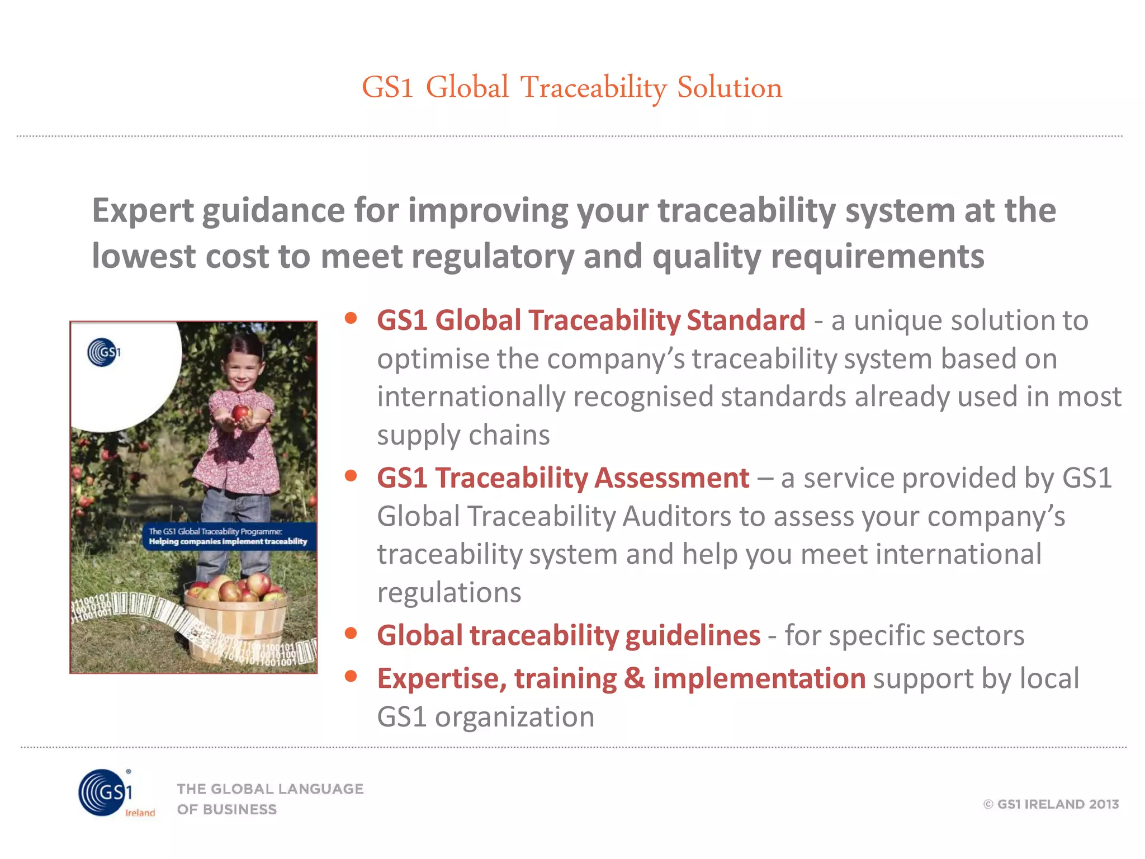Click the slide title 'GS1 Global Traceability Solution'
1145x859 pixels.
[571, 88]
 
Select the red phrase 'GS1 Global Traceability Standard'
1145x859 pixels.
[591, 320]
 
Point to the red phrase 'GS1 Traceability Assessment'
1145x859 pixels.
[563, 478]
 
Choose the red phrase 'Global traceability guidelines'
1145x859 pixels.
[569, 636]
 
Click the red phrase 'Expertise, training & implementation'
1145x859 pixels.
[621, 679]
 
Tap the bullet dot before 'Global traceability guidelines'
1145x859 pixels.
[351, 634]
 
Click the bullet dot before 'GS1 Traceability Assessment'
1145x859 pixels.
[351, 476]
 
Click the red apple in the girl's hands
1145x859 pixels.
[241, 413]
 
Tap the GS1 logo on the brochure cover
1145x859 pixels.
[103, 352]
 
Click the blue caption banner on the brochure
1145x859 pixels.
[228, 536]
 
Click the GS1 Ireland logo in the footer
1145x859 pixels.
[109, 793]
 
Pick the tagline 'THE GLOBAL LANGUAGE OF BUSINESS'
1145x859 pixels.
[270, 799]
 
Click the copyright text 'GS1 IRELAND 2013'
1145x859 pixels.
[1051, 804]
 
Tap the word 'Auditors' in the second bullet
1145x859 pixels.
[676, 516]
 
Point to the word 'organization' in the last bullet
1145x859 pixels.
[514, 718]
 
